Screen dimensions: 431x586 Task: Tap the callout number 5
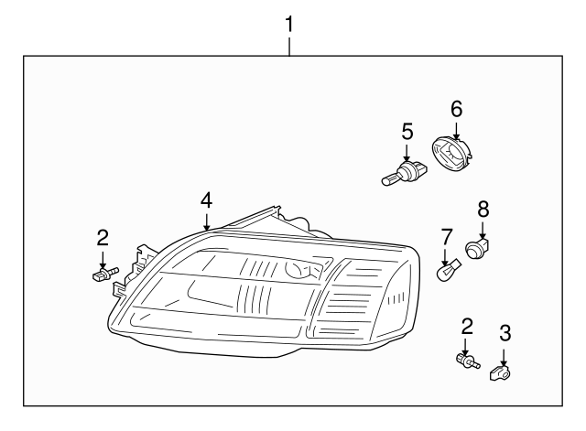pyautogui.click(x=407, y=132)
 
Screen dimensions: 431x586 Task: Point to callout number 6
pyautogui.click(x=456, y=110)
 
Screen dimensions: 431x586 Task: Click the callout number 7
pyautogui.click(x=446, y=237)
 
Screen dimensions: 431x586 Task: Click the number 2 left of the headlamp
pyautogui.click(x=103, y=238)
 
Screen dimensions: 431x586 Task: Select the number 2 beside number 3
pyautogui.click(x=467, y=325)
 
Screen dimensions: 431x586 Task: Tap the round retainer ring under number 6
pyautogui.click(x=453, y=156)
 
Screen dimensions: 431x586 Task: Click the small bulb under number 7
pyautogui.click(x=447, y=273)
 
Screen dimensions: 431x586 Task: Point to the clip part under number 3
pyautogui.click(x=502, y=372)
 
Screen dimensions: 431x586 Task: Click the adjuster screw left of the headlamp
pyautogui.click(x=103, y=273)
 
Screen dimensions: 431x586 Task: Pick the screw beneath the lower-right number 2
pyautogui.click(x=466, y=361)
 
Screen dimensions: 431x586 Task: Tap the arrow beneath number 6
pyautogui.click(x=456, y=130)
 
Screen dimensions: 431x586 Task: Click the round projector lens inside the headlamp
pyautogui.click(x=298, y=270)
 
